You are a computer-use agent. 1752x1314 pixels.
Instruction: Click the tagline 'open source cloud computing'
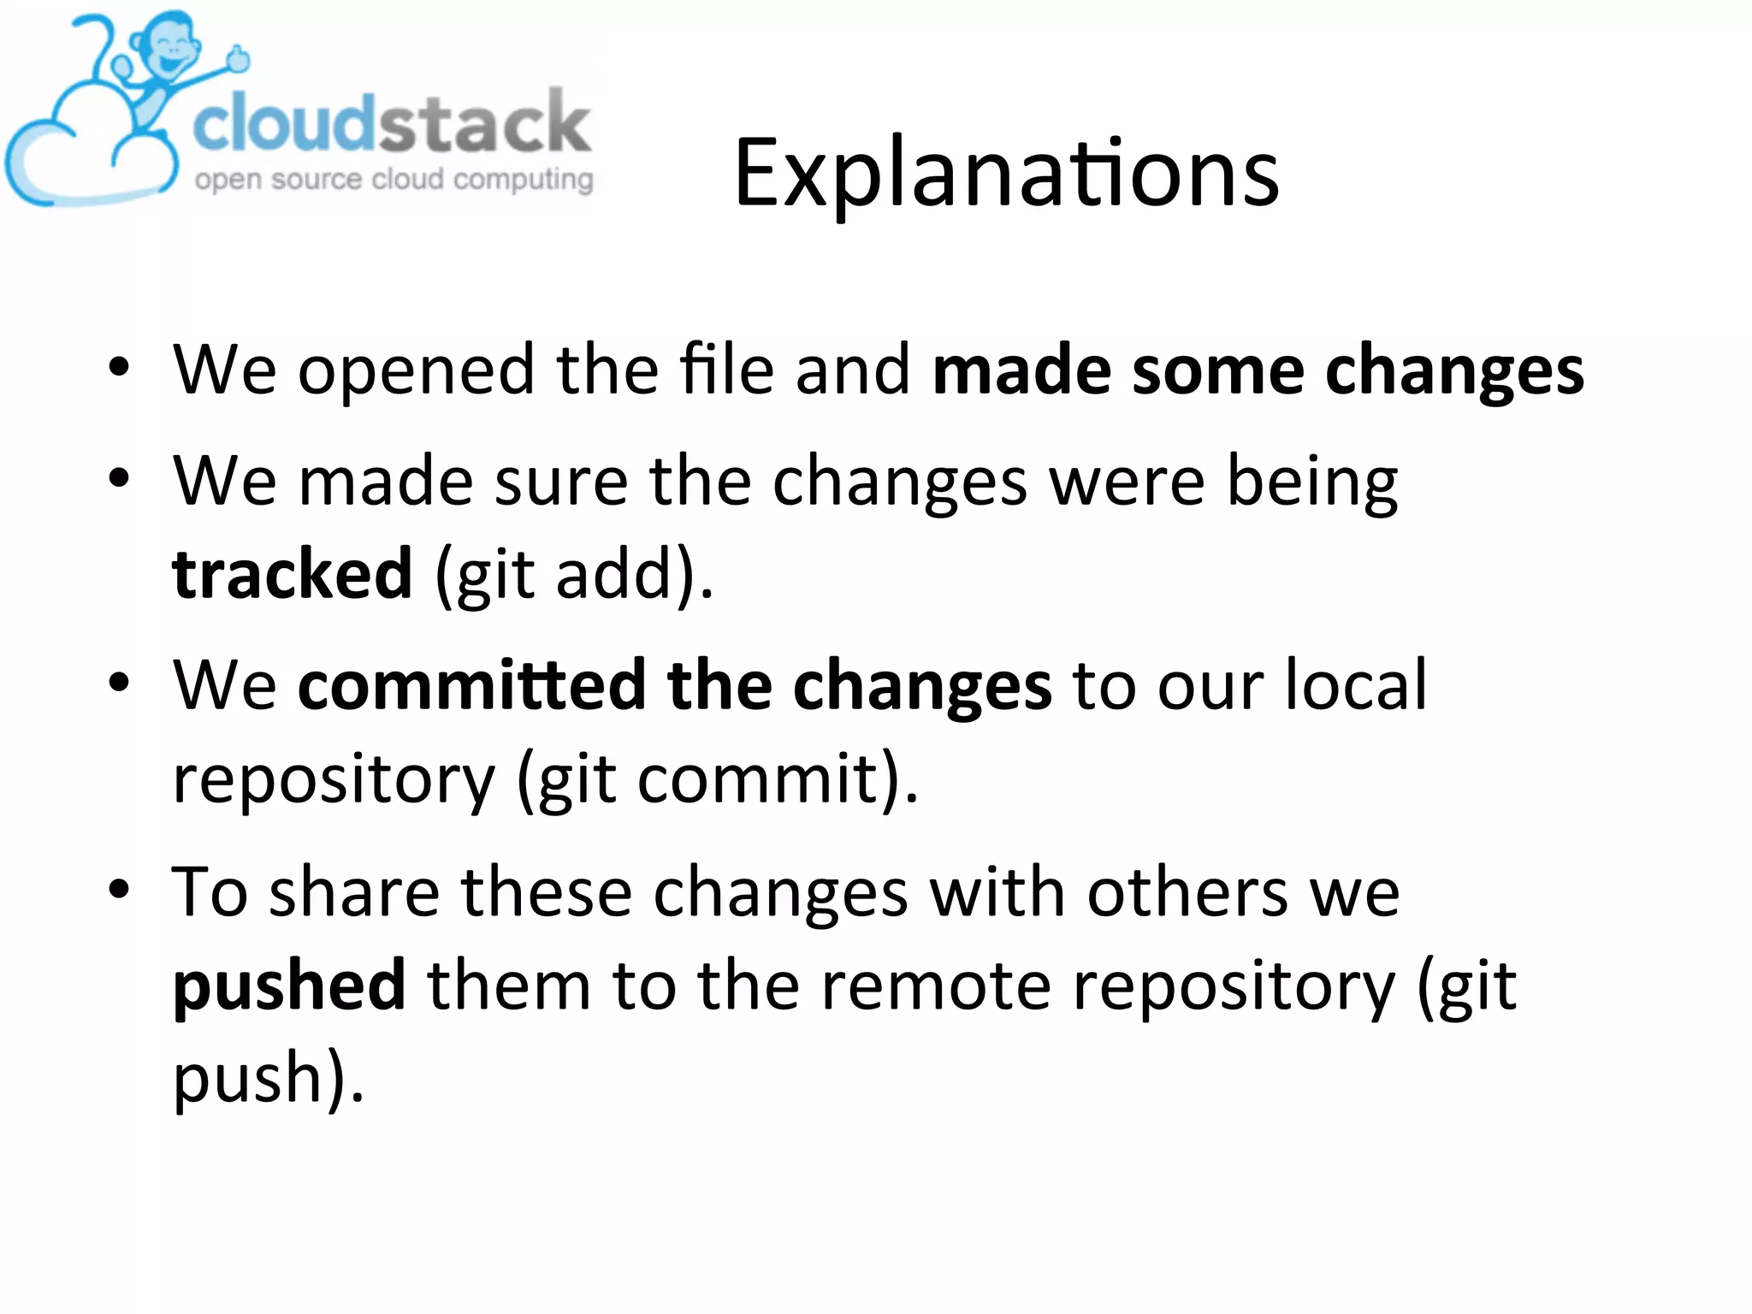[394, 180]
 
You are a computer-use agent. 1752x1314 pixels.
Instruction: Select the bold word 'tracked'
[293, 573]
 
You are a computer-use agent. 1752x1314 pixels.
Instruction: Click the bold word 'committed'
[471, 685]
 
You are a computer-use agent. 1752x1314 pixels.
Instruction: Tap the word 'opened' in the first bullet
[416, 370]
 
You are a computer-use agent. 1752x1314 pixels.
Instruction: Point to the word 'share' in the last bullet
[354, 892]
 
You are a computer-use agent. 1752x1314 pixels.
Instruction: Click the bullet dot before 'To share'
[119, 890]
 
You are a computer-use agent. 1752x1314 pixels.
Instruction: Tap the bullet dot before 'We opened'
[119, 368]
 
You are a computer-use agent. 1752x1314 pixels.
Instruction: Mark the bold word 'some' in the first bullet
[1218, 370]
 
